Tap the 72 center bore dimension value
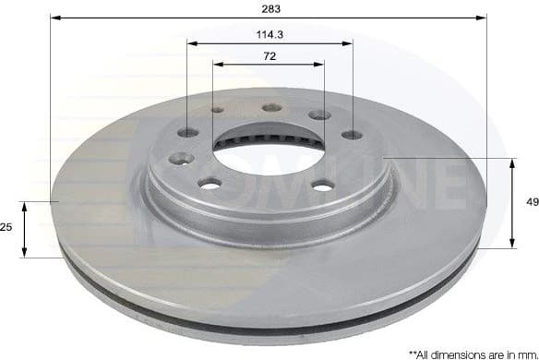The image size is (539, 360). coord(269,56)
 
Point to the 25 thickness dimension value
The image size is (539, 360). coord(6,227)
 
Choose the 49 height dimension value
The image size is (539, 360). coord(531,202)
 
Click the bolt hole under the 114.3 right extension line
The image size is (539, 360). coord(352,135)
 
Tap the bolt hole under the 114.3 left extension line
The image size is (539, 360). coord(187,132)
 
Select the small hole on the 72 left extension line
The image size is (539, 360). coord(217,110)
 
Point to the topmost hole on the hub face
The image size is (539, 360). coord(271,107)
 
